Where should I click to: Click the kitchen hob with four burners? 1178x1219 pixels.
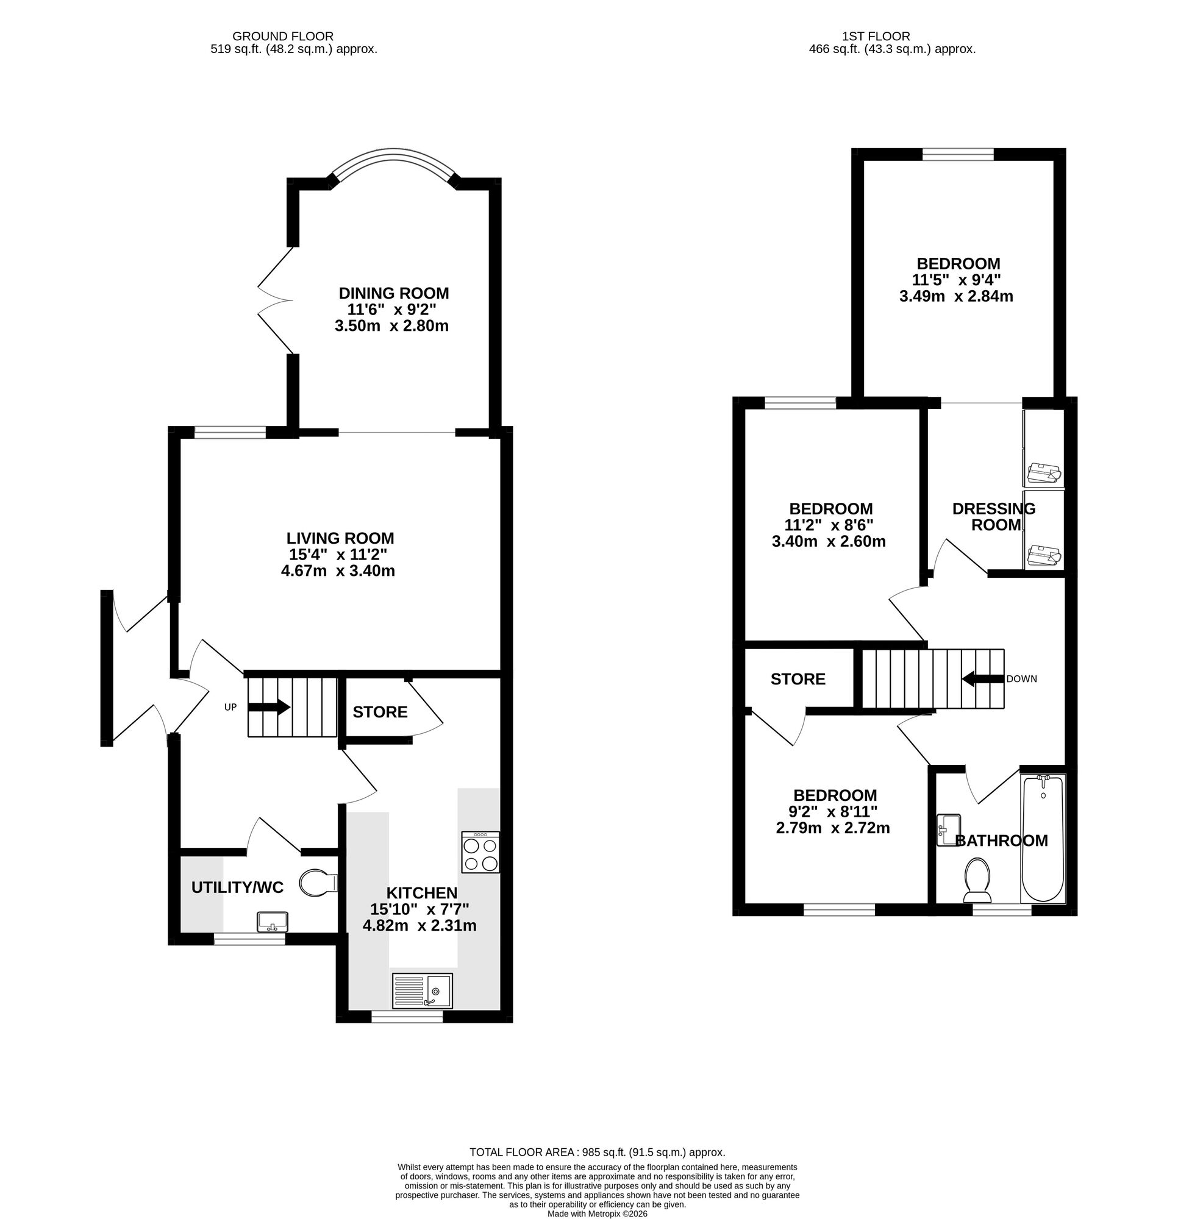click(480, 852)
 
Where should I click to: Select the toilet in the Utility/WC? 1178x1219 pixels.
click(318, 883)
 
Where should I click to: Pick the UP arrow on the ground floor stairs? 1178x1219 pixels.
click(269, 707)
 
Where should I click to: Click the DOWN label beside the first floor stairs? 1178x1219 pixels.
click(1021, 678)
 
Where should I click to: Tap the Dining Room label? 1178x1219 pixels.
click(393, 293)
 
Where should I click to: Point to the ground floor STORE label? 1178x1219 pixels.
click(380, 712)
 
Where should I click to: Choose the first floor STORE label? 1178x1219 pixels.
click(798, 679)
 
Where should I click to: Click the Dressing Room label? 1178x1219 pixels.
click(994, 517)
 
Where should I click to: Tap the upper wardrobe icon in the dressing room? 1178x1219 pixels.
click(1044, 474)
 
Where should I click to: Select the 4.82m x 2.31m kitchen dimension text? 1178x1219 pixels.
click(419, 925)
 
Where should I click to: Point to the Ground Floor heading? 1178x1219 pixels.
click(282, 37)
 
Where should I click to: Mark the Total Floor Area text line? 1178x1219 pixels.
click(597, 1153)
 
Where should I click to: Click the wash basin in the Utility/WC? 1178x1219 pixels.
click(273, 922)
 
